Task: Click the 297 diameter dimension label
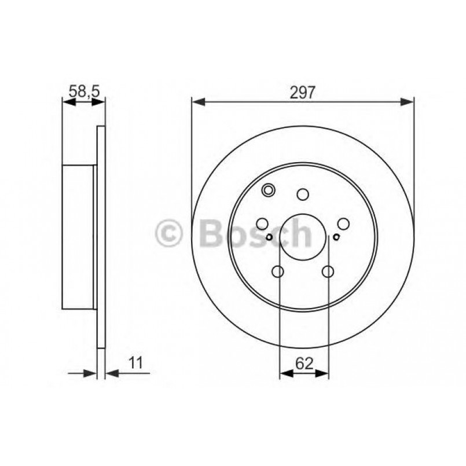303,92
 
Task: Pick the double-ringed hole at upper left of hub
269,189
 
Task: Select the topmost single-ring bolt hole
303,194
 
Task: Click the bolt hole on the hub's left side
262,224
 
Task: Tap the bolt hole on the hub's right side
344,224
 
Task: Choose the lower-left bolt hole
278,271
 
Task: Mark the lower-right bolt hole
328,271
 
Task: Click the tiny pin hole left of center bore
270,237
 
